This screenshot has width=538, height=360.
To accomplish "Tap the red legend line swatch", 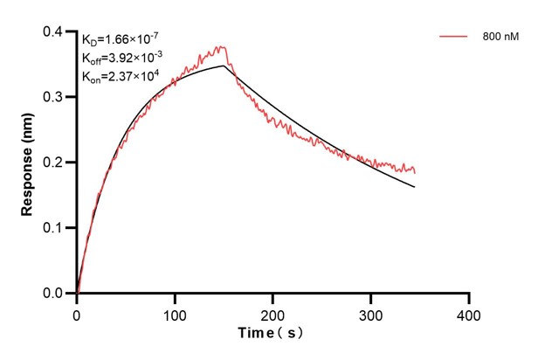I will (452, 37).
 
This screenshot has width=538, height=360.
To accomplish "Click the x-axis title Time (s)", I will (272, 334).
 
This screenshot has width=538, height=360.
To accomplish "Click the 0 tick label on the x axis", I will (78, 312).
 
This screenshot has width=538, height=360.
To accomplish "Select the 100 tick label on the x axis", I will (176, 312).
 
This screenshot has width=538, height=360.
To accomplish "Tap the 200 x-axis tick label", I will (273, 312).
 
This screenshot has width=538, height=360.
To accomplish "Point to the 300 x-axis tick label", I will (371, 312).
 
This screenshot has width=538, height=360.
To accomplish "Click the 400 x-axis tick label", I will (469, 312).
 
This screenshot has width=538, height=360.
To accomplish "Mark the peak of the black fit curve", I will (224, 66).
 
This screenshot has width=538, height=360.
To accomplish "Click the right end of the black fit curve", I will (415, 187).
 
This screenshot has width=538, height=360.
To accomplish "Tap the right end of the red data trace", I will (415, 171).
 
